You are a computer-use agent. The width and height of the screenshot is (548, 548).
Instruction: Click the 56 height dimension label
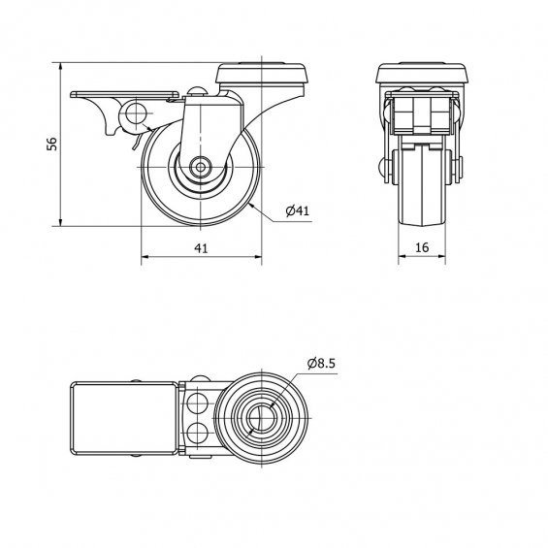[x=52, y=144]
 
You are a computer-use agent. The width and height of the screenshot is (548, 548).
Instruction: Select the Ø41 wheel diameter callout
[x=298, y=210]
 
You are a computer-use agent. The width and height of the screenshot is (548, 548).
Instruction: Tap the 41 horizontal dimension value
[x=201, y=248]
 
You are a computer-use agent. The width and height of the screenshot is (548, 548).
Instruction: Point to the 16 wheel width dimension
[x=422, y=247]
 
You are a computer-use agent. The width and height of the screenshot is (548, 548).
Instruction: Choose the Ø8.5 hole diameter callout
[x=321, y=364]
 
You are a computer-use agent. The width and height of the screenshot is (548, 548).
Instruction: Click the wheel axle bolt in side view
[x=200, y=167]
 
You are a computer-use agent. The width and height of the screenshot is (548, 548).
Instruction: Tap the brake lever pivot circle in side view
[x=135, y=113]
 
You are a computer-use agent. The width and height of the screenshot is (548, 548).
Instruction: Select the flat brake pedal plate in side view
[x=125, y=94]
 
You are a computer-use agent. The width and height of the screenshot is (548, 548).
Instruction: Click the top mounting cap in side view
[x=260, y=73]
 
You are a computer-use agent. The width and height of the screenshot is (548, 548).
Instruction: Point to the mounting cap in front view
[x=422, y=73]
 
